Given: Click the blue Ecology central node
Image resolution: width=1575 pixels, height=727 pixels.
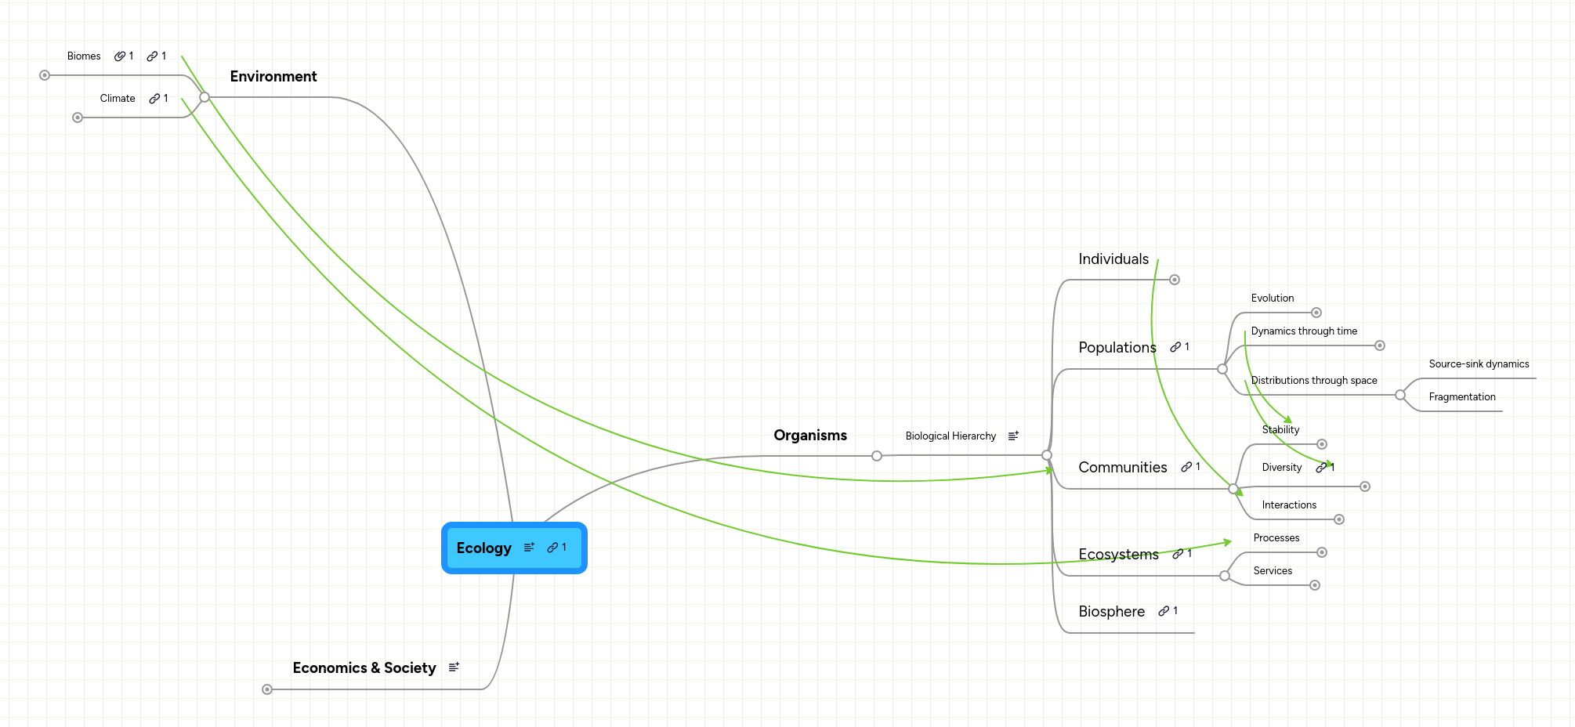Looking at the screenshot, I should [484, 548].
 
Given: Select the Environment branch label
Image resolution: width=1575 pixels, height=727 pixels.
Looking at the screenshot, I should [273, 77].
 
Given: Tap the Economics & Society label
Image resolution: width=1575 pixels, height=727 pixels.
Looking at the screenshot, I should [364, 668].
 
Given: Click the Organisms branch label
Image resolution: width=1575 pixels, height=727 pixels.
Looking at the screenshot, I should [810, 436].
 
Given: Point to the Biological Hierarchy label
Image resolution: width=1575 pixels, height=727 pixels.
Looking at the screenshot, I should [950, 436].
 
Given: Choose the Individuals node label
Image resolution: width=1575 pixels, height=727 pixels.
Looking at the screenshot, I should [1113, 259].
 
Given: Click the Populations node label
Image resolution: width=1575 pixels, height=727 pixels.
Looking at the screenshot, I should [1117, 348].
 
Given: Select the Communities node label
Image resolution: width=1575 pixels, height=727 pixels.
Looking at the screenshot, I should [1123, 468].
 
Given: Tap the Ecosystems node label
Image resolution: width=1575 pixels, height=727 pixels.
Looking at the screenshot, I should [1118, 555].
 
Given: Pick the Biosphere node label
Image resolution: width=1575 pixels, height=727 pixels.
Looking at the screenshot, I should [1111, 612].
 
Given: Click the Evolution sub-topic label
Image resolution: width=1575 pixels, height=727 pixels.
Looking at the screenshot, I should [1273, 298].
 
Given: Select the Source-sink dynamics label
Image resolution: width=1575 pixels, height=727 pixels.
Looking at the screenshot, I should [1479, 364].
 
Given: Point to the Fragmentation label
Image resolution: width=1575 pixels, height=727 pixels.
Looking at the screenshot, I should [1462, 397].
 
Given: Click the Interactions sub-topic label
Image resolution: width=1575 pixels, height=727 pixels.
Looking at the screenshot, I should [1289, 505].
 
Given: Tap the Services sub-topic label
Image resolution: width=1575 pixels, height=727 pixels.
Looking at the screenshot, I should [1273, 571].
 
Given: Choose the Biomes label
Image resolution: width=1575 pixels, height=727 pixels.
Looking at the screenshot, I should [84, 56].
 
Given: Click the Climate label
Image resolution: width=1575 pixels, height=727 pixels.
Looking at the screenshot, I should [118, 99].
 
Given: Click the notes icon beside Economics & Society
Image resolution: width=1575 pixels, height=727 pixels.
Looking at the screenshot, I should [454, 667].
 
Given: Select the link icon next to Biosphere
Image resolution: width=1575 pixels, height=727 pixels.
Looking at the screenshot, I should [1164, 611].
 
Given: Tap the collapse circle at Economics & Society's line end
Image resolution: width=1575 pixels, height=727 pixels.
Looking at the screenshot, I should [267, 689].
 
